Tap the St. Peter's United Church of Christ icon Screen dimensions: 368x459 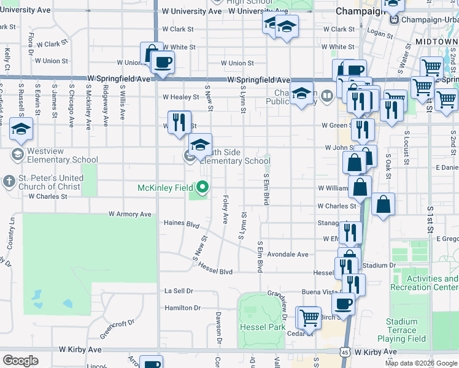click(9, 181)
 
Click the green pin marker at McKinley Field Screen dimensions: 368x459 click(202, 187)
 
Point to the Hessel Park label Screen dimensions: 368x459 click(263, 326)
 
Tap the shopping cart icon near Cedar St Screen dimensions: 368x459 click(310, 317)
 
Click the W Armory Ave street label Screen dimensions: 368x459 click(129, 214)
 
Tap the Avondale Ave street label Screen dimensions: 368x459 click(287, 254)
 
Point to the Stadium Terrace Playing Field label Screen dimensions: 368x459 click(402, 330)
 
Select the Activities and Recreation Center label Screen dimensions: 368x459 click(432, 283)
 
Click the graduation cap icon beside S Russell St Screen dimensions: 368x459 click(21, 129)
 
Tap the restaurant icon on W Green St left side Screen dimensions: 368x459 click(179, 121)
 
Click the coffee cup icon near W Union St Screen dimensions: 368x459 click(163, 62)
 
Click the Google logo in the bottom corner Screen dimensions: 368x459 click(20, 361)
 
